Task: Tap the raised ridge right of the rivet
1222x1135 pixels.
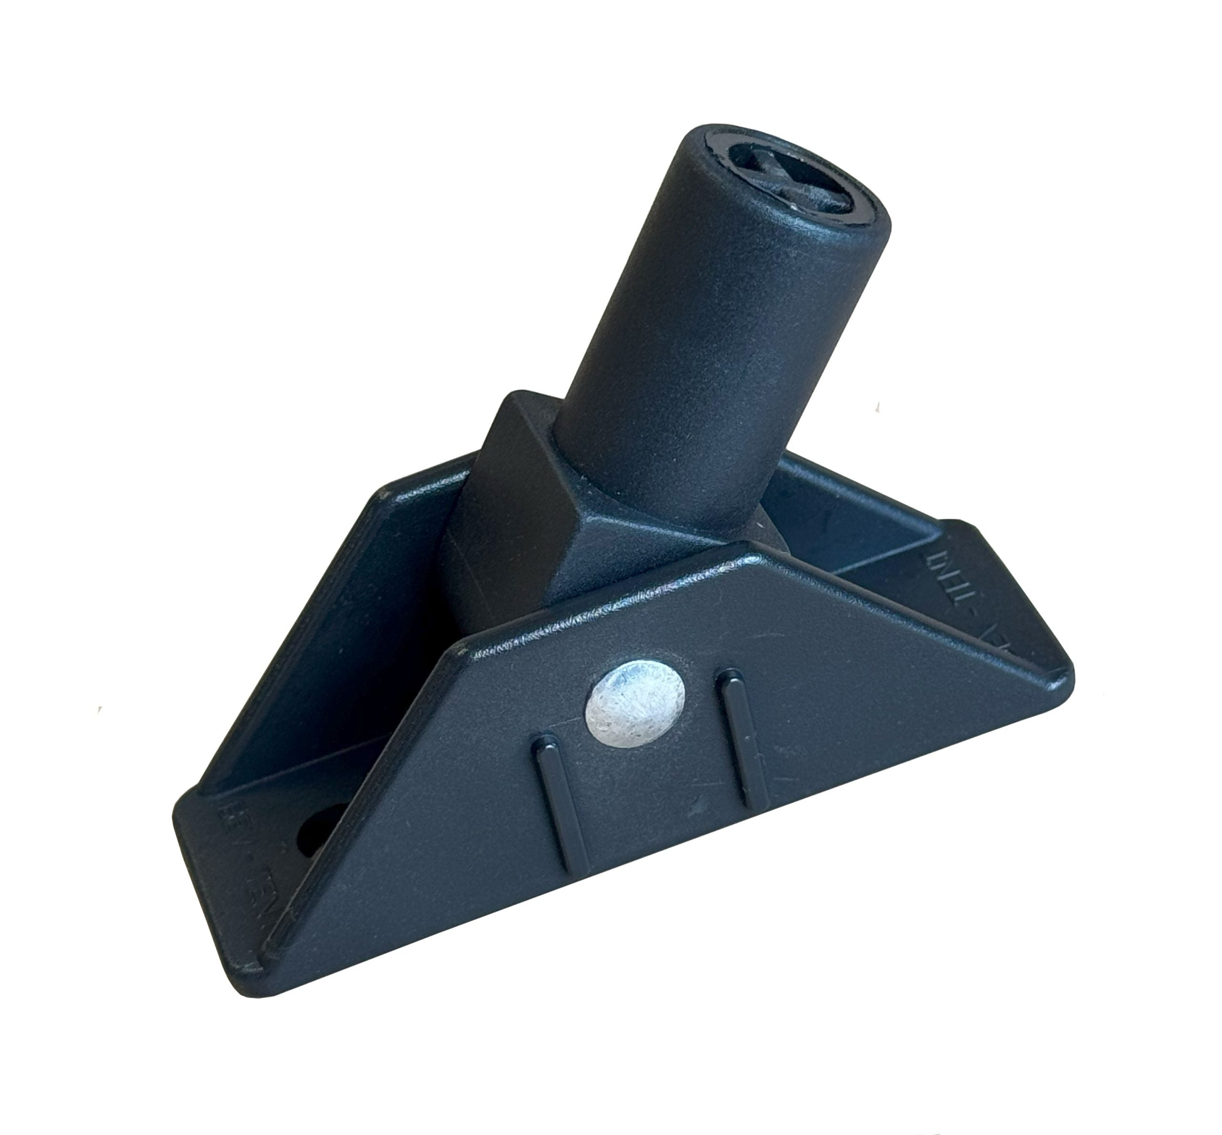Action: pos(741,737)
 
